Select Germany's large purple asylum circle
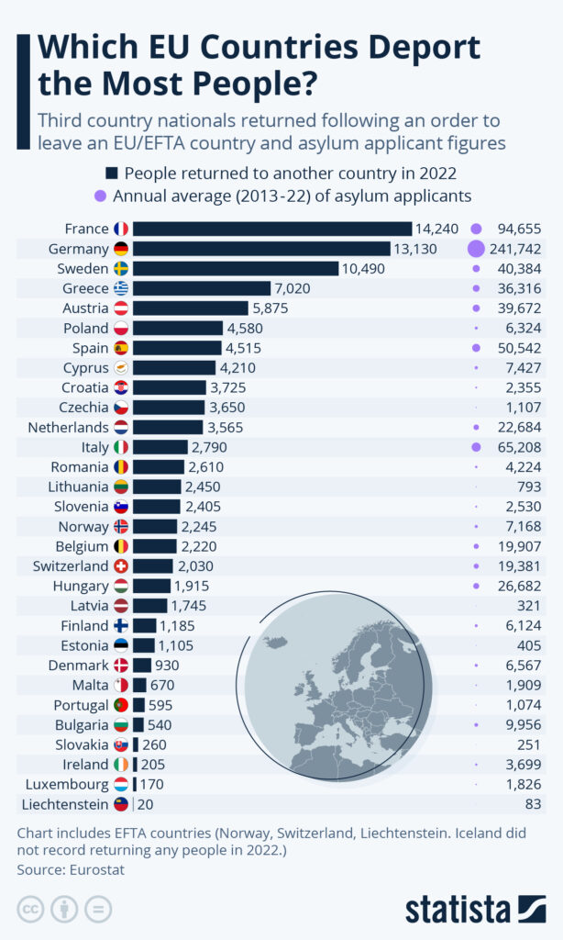pyautogui.click(x=476, y=249)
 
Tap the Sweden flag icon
pyautogui.click(x=121, y=268)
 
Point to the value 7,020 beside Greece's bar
pyautogui.click(x=293, y=288)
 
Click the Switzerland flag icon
pyautogui.click(x=121, y=565)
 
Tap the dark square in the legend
pyautogui.click(x=112, y=173)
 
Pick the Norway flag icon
pyautogui.click(x=121, y=526)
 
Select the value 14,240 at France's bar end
pyautogui.click(x=437, y=229)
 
